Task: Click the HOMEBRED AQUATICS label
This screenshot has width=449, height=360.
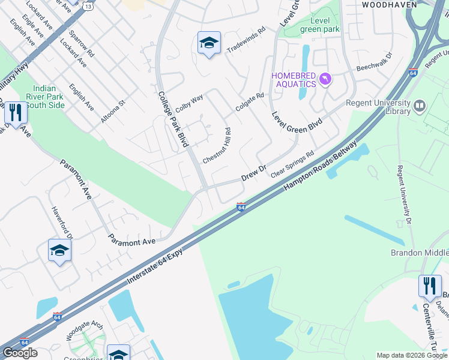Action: [294, 79]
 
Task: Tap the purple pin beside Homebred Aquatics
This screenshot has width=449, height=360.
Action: [325, 79]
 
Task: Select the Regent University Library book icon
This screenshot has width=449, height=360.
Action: [420, 107]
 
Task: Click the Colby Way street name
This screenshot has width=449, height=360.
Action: [189, 103]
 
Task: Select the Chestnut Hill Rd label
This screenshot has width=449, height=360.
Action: [217, 146]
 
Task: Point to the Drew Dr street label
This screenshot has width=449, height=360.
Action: [253, 173]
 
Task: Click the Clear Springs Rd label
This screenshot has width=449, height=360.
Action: [292, 164]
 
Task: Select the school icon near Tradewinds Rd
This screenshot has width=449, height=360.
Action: [209, 43]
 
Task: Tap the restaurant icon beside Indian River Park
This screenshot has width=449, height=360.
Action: [15, 112]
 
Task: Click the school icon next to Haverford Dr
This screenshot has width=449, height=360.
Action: [59, 251]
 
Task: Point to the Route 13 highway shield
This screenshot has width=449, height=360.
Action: [88, 5]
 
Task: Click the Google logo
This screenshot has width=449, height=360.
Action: [20, 353]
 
